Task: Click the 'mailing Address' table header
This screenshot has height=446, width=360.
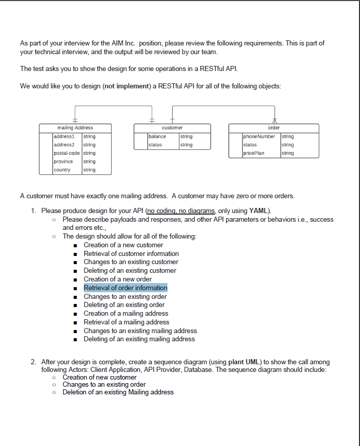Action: click(75, 127)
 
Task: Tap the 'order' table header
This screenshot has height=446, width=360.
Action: click(274, 127)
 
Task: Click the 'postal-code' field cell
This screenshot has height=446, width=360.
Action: click(66, 153)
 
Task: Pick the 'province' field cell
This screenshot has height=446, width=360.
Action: click(64, 161)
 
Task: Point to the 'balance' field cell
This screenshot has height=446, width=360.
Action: click(157, 136)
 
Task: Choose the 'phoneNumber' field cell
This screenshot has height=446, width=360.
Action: click(259, 136)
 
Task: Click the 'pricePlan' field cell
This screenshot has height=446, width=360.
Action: click(254, 153)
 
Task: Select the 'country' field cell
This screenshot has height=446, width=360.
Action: click(62, 170)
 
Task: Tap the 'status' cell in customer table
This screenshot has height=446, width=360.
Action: click(155, 145)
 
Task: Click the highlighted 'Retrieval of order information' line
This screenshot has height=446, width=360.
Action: click(126, 288)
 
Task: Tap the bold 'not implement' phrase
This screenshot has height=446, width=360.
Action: click(127, 86)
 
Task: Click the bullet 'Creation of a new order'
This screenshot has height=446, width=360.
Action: click(117, 279)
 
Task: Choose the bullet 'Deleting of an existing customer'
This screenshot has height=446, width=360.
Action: click(130, 270)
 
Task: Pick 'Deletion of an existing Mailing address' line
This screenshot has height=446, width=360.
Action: click(118, 392)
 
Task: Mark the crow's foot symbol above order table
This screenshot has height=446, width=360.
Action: click(274, 121)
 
